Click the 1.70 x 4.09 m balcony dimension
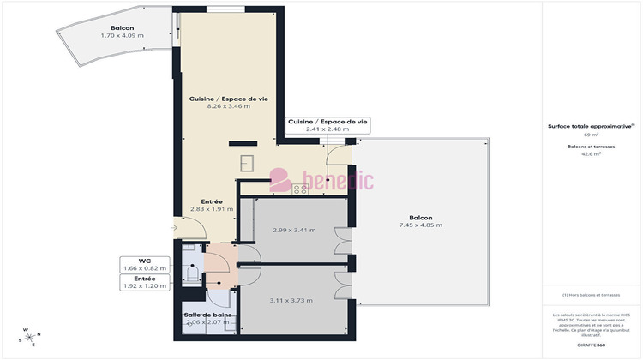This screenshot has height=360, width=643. [x=119, y=36]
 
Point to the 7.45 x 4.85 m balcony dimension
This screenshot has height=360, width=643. [x=420, y=225]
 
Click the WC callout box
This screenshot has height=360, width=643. [x=145, y=264]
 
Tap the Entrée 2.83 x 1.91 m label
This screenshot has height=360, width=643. [x=206, y=207]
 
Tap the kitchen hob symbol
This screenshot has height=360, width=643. [x=301, y=189]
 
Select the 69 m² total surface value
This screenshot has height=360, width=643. [x=591, y=135]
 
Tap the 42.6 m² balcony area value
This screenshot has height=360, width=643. [x=591, y=154]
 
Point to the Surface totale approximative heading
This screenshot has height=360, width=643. [x=591, y=125]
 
